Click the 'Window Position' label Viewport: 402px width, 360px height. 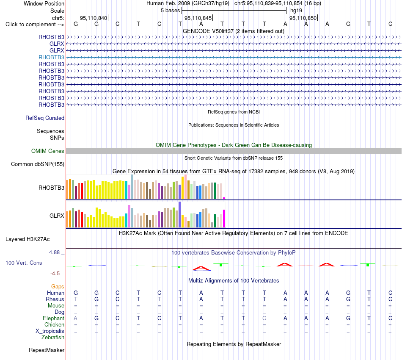(x=44, y=3)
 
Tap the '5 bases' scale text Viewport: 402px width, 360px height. (x=170, y=11)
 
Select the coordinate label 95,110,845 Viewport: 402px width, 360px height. (x=198, y=18)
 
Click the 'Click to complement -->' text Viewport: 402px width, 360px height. (x=35, y=25)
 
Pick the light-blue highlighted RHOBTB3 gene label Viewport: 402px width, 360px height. (x=51, y=57)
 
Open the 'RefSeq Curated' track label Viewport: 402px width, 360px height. (x=45, y=118)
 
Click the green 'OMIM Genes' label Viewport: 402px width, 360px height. (x=48, y=151)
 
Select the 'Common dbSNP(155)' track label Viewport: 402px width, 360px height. (x=38, y=164)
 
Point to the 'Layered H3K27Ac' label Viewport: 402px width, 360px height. (x=28, y=239)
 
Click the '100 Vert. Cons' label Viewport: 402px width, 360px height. (x=24, y=263)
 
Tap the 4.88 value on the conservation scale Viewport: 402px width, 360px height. (x=54, y=252)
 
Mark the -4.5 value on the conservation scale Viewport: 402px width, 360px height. (x=55, y=274)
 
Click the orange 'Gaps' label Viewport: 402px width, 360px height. (x=58, y=287)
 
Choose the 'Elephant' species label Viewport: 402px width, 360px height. (x=54, y=318)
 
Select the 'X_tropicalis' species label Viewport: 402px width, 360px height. (x=50, y=331)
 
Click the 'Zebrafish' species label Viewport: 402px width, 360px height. (x=53, y=338)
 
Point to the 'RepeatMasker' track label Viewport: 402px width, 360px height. (x=47, y=350)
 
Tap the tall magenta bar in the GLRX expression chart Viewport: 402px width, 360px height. (x=224, y=219)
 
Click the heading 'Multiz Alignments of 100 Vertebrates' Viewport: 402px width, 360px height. (x=234, y=281)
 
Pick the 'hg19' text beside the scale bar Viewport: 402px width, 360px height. (x=296, y=11)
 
